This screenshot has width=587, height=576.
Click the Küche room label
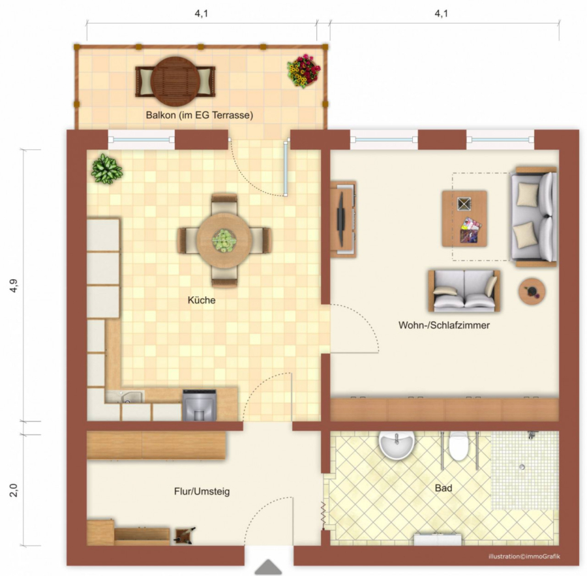[x=202, y=300]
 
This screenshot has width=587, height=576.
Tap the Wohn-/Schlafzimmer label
[x=444, y=325]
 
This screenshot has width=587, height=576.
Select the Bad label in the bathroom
[x=444, y=488]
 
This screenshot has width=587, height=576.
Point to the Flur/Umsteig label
[x=202, y=491]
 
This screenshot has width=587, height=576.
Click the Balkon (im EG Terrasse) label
[x=200, y=115]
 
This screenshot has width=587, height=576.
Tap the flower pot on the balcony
[x=303, y=71]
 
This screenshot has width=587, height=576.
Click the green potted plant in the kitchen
[x=107, y=169]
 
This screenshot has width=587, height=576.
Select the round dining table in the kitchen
[x=224, y=240]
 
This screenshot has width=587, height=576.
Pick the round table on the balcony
[x=175, y=82]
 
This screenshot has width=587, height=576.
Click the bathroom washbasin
[x=397, y=444]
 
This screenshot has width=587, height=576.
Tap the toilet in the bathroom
[x=459, y=446]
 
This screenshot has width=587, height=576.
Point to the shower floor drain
[x=522, y=467]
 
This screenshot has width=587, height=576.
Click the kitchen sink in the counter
[x=125, y=397]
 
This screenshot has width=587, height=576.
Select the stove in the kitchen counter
[x=200, y=405]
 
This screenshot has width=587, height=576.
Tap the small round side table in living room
[x=532, y=291]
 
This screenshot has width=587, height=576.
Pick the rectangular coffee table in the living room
[x=464, y=219]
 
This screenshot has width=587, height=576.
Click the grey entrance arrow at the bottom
[x=268, y=567]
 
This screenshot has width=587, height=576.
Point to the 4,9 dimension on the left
[x=14, y=285]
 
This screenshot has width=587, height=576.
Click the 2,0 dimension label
[x=14, y=491]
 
